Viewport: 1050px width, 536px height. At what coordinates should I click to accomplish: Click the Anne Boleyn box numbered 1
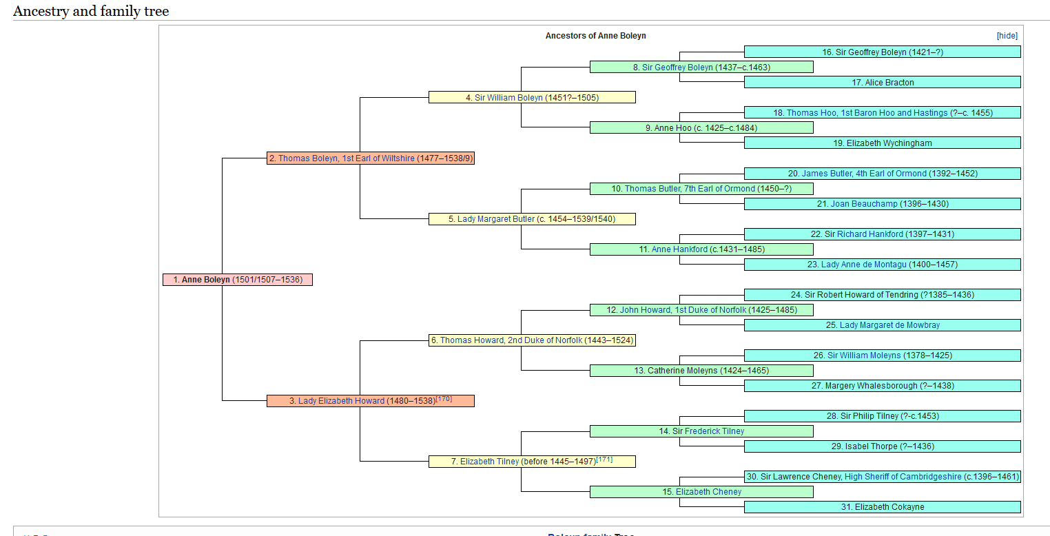coord(238,280)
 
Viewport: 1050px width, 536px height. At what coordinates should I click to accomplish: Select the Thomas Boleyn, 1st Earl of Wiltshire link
coord(347,158)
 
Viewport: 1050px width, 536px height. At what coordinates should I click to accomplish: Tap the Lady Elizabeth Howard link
coord(341,401)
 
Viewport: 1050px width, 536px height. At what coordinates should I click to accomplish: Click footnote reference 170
coord(444,399)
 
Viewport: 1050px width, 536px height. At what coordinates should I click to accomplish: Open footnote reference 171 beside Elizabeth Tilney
coord(604,460)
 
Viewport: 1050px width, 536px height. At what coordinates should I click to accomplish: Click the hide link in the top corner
coord(1007,36)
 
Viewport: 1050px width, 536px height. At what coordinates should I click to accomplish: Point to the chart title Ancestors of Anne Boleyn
coord(595,36)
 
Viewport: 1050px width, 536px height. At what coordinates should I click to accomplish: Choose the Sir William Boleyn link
coord(508,98)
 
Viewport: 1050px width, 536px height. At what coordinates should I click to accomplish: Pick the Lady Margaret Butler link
coord(496,219)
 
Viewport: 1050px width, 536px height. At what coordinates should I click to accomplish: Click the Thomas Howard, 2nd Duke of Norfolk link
coord(511,340)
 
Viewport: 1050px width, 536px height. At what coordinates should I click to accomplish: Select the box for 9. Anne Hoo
coord(701,128)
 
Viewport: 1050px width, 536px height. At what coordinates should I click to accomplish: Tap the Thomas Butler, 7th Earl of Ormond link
coord(690,189)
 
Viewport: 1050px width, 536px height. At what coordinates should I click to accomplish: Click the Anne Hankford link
coord(680,249)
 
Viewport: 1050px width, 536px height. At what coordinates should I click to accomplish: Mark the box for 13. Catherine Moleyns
coord(701,371)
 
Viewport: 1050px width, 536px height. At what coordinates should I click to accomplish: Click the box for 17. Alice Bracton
coord(882,83)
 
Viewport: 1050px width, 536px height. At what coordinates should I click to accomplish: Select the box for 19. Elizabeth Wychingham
coord(882,143)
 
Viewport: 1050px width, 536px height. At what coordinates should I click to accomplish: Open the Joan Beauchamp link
coord(864,205)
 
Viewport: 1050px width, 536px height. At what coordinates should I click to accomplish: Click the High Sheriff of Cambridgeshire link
coord(903,477)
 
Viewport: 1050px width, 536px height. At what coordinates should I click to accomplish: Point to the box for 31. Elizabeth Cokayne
coord(882,507)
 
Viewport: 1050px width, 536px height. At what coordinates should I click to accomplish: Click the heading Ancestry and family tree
coord(91,11)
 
